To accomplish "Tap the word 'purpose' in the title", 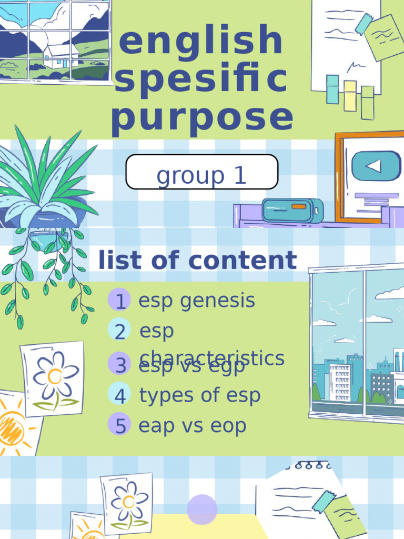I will [x=202, y=117].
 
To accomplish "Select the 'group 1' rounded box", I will [x=202, y=172].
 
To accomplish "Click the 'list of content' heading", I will [x=198, y=261].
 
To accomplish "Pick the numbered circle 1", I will [x=120, y=301].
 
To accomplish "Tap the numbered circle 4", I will [x=120, y=395].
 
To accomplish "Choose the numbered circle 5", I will [x=120, y=425].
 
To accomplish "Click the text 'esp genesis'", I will [x=197, y=301].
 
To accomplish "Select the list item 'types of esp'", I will [x=200, y=395].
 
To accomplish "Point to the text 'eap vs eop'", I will [x=193, y=425].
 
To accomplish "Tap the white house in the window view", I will [x=60, y=56].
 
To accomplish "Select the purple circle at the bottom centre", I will [x=202, y=510].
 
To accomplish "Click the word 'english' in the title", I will [x=201, y=42].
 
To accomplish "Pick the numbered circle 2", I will [x=120, y=332].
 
